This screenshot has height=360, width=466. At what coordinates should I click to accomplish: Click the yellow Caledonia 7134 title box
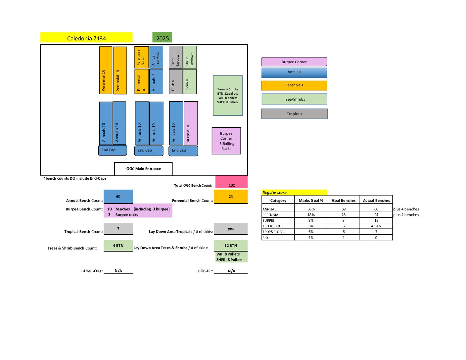[86, 37]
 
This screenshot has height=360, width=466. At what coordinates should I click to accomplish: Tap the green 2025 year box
[162, 37]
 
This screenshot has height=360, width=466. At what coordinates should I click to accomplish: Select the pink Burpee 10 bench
[191, 123]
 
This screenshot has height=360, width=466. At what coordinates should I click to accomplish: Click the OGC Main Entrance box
[143, 168]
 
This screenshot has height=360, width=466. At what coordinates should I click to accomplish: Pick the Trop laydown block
[175, 57]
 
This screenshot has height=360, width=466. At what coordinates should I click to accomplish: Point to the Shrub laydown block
[190, 57]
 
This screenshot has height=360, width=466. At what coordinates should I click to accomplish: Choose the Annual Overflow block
[156, 57]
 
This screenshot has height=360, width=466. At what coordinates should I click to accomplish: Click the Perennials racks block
[141, 57]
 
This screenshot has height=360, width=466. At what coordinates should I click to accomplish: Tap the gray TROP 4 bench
[175, 81]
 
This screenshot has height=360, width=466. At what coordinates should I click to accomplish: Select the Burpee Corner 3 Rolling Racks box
[226, 141]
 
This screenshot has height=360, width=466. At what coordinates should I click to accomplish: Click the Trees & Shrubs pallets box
[228, 96]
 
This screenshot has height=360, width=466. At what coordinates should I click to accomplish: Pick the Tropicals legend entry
[294, 114]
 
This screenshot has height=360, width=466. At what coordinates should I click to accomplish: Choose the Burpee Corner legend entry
[294, 62]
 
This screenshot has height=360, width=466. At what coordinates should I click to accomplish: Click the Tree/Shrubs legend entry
[294, 99]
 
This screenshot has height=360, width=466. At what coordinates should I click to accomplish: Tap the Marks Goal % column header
[311, 201]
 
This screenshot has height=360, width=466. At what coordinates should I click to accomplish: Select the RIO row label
[265, 238]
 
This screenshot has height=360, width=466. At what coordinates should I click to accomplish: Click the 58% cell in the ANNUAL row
[311, 209]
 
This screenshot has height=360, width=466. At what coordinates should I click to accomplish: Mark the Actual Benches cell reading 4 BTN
[376, 226]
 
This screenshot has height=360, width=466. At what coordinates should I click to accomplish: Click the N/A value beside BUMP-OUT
[118, 271]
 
